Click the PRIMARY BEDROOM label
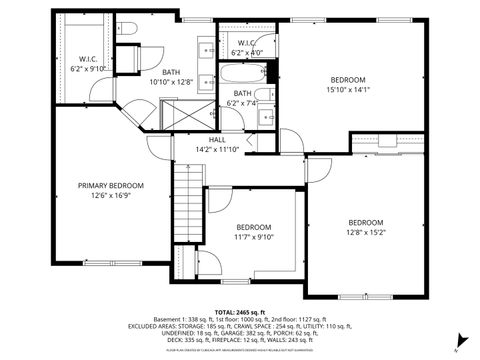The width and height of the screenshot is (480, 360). (112, 186)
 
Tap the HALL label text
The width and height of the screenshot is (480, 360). (217, 140)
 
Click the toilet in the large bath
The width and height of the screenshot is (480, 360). (129, 29)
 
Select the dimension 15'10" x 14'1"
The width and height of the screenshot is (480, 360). (349, 89)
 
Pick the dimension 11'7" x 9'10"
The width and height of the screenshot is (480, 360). (254, 238)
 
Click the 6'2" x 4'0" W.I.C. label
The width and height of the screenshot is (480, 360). (246, 52)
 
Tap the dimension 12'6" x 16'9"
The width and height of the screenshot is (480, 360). (112, 195)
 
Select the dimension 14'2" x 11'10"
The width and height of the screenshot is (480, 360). (217, 149)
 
